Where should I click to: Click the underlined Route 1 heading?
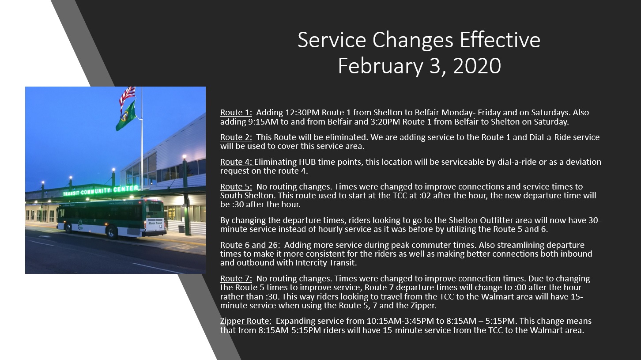(x=236, y=113)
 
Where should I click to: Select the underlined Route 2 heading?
(x=236, y=137)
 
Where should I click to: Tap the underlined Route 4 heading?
(x=237, y=162)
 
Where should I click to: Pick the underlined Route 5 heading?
(x=236, y=186)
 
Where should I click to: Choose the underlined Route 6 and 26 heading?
(x=250, y=245)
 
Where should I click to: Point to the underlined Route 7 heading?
(x=236, y=278)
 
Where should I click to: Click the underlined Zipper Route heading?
(x=246, y=321)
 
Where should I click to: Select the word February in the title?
(x=380, y=66)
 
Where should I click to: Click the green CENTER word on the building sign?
(x=126, y=189)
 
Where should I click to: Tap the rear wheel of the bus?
(x=111, y=232)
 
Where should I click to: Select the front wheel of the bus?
(x=68, y=227)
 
